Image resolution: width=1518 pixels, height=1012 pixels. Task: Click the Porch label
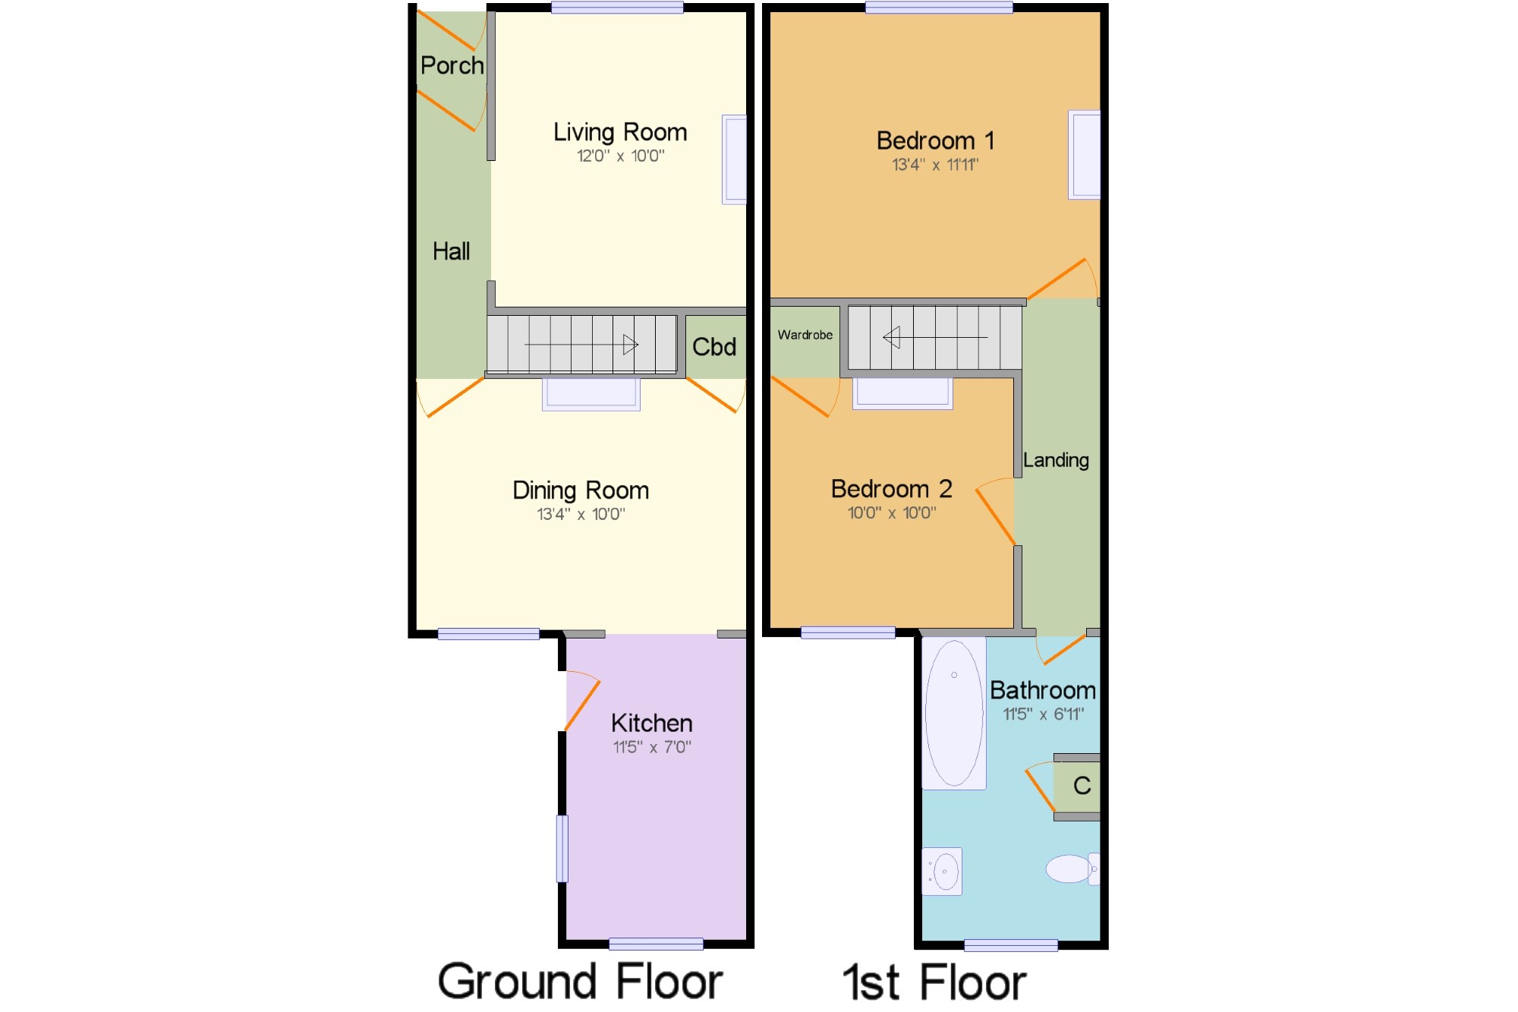click(x=452, y=66)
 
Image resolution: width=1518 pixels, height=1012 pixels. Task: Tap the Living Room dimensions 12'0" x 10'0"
click(x=621, y=156)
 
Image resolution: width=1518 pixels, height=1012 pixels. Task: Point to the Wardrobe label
click(x=805, y=335)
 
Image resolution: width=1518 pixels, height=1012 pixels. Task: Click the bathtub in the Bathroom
click(x=954, y=713)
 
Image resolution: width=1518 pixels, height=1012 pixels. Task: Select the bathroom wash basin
click(x=942, y=872)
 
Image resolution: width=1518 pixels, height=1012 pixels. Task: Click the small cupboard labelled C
click(x=1077, y=787)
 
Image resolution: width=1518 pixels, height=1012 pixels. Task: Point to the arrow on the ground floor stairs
click(x=581, y=345)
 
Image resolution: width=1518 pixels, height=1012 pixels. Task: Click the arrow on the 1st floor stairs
click(x=935, y=337)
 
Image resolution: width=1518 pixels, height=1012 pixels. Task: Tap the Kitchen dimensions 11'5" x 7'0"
click(x=652, y=747)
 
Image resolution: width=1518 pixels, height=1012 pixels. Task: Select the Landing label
click(x=1056, y=460)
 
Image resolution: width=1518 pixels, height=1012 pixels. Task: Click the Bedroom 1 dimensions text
click(x=935, y=165)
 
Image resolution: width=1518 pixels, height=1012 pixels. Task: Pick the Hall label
click(x=452, y=251)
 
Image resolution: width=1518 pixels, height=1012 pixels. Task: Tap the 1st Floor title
click(x=934, y=982)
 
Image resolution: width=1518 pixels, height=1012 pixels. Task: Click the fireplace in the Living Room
click(x=734, y=159)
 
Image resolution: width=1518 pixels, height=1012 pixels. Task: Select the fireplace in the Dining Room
click(x=591, y=394)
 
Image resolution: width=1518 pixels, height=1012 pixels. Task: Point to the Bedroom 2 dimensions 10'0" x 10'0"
click(x=892, y=513)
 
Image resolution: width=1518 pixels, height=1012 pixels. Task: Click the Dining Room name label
click(x=581, y=490)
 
